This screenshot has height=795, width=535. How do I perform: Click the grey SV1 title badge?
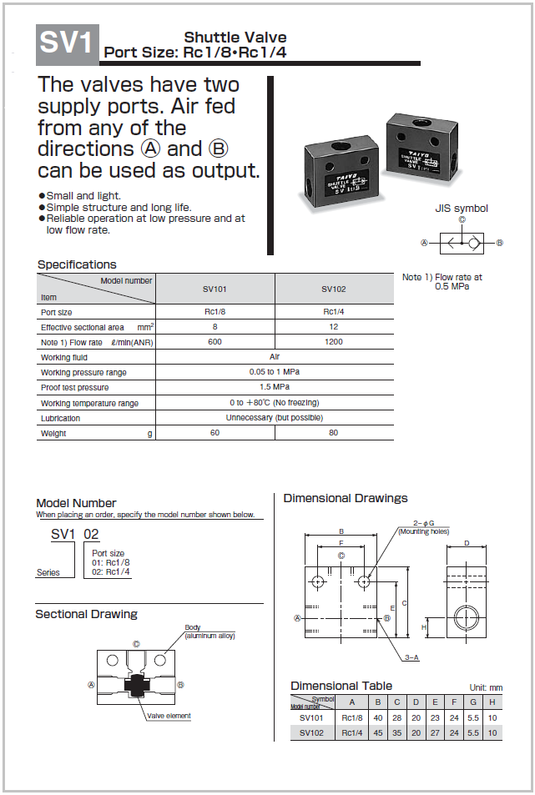click(68, 44)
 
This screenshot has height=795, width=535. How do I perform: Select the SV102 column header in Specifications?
click(334, 289)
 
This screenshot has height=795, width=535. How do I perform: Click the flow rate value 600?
click(215, 342)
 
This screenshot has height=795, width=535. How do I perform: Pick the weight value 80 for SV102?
click(334, 432)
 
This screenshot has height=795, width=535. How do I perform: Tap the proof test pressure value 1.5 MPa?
click(275, 387)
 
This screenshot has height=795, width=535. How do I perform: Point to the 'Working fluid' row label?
click(64, 357)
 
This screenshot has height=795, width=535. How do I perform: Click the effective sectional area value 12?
click(334, 326)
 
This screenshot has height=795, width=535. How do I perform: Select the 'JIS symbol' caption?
click(462, 209)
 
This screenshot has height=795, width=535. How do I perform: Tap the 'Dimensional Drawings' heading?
click(346, 498)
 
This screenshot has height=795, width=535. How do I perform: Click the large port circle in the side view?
click(466, 618)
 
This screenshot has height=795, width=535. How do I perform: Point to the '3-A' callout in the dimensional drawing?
click(411, 657)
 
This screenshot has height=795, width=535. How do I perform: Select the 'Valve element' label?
click(169, 716)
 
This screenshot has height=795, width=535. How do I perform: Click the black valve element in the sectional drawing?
click(135, 686)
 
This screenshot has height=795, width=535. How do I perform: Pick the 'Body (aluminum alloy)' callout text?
click(209, 631)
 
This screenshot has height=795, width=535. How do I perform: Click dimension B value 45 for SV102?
click(378, 732)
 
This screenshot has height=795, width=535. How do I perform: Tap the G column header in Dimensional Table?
click(473, 702)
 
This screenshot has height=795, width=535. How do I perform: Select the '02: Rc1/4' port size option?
click(110, 571)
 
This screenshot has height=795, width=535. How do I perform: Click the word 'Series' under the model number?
click(48, 572)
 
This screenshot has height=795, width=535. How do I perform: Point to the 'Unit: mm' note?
click(486, 688)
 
